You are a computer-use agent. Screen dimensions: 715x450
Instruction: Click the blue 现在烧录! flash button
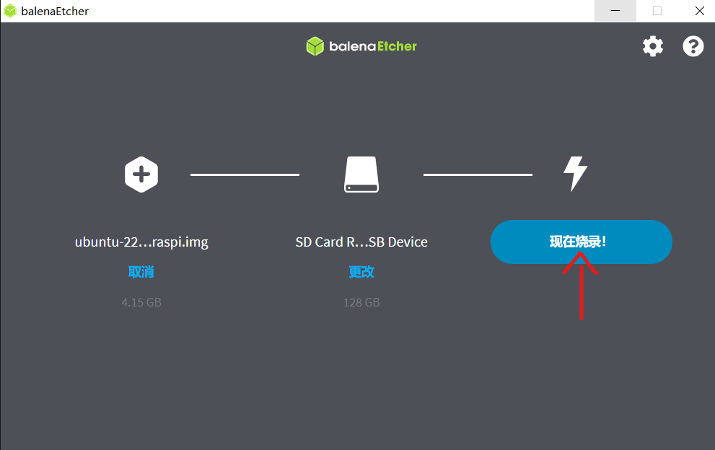(x=581, y=242)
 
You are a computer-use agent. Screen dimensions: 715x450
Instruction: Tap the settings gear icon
(x=652, y=46)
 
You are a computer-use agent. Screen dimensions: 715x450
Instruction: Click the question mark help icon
(x=693, y=46)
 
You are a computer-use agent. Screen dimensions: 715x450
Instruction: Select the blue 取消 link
(x=141, y=272)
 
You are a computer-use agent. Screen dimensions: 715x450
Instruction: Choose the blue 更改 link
(x=361, y=272)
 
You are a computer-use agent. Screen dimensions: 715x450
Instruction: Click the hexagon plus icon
(x=141, y=175)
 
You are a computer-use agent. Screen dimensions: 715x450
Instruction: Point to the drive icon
(x=361, y=175)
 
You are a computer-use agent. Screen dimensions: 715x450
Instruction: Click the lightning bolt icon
(x=575, y=174)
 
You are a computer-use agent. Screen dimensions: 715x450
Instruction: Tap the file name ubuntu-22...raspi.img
(x=141, y=242)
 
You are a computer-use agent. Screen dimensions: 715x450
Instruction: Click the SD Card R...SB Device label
(x=361, y=242)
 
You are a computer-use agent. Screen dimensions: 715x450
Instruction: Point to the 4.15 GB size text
(x=141, y=302)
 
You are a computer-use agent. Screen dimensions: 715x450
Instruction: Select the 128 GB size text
(x=361, y=302)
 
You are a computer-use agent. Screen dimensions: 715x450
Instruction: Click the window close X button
(x=700, y=11)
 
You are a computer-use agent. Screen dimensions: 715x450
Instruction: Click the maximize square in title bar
(x=657, y=11)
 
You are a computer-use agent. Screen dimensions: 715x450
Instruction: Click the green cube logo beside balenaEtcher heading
(x=315, y=46)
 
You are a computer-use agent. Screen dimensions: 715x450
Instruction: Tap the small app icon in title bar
(x=10, y=11)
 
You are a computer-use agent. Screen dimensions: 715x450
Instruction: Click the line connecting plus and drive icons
(x=245, y=175)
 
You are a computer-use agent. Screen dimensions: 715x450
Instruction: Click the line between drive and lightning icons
(x=478, y=175)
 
